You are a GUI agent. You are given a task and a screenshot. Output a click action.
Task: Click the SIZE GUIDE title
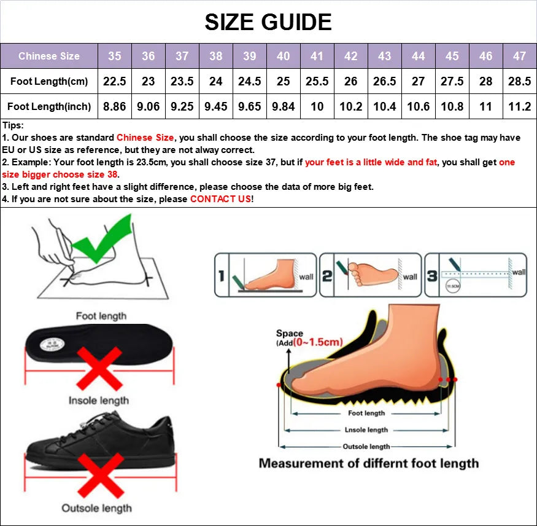(x=268, y=22)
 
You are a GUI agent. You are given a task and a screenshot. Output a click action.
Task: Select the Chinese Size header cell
(x=49, y=56)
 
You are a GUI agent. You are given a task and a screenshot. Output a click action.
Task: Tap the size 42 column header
(x=350, y=56)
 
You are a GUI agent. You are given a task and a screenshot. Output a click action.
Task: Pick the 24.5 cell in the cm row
(x=249, y=81)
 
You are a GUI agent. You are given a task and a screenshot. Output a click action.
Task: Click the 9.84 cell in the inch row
(x=283, y=106)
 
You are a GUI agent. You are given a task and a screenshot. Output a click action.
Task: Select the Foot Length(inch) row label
(x=49, y=106)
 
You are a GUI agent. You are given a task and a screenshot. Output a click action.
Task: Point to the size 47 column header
(x=519, y=56)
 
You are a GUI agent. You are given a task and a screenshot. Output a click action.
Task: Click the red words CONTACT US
(x=220, y=199)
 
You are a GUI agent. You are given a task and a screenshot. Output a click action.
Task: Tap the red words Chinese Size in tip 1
(x=145, y=138)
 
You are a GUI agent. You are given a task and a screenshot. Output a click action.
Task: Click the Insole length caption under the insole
(x=99, y=401)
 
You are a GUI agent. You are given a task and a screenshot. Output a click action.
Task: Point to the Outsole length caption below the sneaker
(x=96, y=508)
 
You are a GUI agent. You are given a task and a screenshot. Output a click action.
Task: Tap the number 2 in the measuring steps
(x=327, y=276)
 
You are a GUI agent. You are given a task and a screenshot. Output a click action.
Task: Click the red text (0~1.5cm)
(x=317, y=342)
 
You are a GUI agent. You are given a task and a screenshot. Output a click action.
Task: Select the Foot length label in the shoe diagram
(x=366, y=414)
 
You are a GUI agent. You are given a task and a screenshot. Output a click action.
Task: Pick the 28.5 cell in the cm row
(x=519, y=81)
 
